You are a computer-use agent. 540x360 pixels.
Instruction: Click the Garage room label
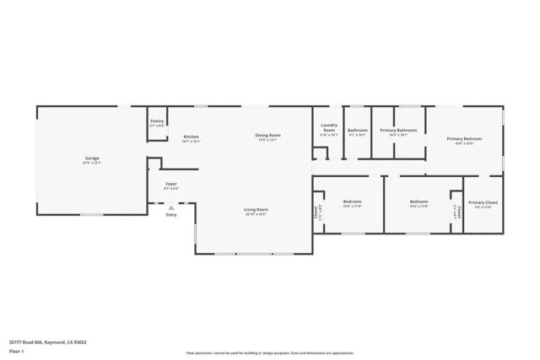click(x=92, y=159)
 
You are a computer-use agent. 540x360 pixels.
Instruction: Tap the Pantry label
click(x=157, y=121)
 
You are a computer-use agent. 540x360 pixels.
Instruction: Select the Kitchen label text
click(x=192, y=137)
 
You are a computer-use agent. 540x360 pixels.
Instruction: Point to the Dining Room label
click(x=268, y=136)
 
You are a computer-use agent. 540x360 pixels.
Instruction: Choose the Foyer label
click(x=171, y=184)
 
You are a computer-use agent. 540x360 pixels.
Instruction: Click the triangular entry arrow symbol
click(x=171, y=207)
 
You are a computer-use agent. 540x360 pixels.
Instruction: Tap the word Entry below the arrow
click(x=171, y=215)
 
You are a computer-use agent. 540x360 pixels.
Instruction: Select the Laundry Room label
click(x=329, y=128)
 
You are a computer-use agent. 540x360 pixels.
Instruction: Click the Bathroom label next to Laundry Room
click(x=357, y=130)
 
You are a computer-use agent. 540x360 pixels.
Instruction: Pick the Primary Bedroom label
click(x=464, y=138)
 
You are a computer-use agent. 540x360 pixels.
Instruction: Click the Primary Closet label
click(x=483, y=202)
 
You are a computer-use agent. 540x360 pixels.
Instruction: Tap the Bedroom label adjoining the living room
click(x=352, y=201)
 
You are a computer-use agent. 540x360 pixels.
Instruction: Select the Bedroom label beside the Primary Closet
click(x=419, y=201)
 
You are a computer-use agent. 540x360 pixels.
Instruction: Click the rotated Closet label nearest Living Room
click(x=316, y=212)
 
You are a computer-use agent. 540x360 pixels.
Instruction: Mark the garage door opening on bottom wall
click(x=91, y=215)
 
